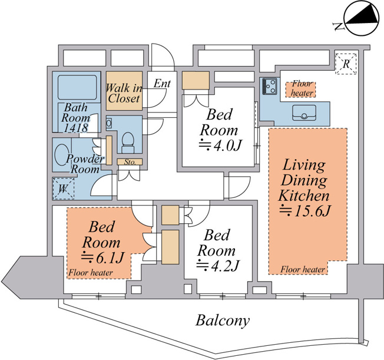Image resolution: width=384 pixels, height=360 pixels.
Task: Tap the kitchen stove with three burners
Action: tap(270, 86)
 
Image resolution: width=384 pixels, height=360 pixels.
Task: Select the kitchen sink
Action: tap(304, 113)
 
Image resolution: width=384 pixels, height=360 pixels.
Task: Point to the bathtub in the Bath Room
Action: tap(77, 87)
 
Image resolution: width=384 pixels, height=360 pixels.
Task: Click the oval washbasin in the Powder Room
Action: tap(61, 155)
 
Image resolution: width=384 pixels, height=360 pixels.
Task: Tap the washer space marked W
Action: tap(64, 188)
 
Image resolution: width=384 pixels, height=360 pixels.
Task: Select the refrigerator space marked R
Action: tap(346, 64)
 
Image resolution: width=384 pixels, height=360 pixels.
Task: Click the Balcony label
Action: tap(223, 321)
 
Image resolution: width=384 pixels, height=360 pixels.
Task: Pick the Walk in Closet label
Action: tap(124, 93)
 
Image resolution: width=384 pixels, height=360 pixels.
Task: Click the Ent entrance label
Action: tap(162, 83)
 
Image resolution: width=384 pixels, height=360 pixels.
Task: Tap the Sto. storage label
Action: tap(130, 162)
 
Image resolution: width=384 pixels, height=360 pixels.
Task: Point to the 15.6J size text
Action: tap(305, 210)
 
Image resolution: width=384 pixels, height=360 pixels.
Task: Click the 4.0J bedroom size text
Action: tap(220, 145)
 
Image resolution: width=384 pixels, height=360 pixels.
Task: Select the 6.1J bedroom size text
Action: tap(102, 257)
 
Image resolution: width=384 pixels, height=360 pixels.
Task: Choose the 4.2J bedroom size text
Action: tap(217, 265)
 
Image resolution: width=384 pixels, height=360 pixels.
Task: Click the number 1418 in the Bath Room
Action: tap(75, 128)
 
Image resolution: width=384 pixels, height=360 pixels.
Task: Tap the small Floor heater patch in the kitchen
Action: tap(301, 90)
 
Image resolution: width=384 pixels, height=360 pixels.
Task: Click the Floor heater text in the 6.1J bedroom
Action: tap(91, 273)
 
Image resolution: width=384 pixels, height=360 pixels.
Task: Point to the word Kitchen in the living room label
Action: tap(304, 195)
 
